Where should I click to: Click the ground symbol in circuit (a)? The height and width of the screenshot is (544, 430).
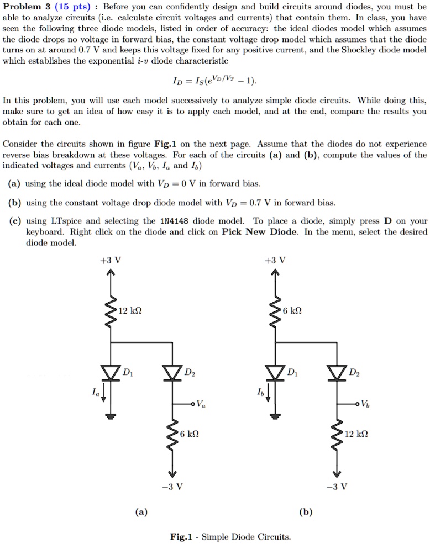pos(112,415)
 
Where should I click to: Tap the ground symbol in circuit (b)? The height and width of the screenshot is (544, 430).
pos(274,415)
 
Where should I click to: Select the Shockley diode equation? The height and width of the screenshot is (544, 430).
pos(214,82)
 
